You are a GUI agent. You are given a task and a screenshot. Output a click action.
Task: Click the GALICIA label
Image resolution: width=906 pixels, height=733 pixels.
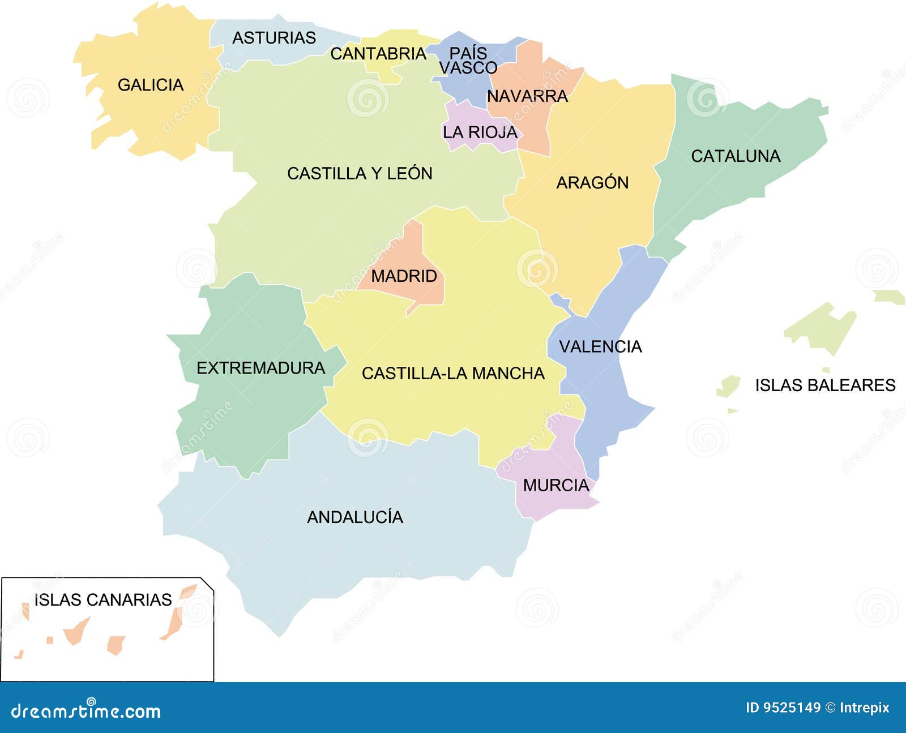click(151, 85)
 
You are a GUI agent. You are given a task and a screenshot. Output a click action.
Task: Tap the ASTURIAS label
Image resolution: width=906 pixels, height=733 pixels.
click(274, 38)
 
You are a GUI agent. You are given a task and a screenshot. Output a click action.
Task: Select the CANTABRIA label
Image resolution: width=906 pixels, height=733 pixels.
click(378, 54)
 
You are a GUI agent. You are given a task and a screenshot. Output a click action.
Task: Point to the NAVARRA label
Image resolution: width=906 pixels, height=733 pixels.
click(527, 96)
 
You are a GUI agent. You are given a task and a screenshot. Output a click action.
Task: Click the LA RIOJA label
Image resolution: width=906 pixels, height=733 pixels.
click(480, 132)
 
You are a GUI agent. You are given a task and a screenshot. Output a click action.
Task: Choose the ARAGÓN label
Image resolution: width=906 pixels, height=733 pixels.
click(592, 183)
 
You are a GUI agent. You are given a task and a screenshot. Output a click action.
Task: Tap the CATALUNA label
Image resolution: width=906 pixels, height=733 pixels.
click(736, 156)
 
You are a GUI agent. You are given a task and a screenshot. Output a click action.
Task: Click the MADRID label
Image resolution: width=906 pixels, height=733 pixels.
click(404, 276)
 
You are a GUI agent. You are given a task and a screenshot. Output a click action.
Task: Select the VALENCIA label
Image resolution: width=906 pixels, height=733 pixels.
click(600, 346)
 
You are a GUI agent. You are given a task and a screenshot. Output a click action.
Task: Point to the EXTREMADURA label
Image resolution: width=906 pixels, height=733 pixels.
click(260, 368)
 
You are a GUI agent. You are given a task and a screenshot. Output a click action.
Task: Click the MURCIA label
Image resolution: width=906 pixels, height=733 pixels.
click(556, 485)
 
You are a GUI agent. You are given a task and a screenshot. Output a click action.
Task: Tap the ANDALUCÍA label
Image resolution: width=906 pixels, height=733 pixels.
click(355, 517)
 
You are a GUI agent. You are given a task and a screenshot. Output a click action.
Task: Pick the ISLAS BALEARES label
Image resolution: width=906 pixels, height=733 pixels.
click(825, 385)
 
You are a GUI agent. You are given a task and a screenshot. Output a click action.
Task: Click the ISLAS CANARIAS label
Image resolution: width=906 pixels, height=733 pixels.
click(103, 600)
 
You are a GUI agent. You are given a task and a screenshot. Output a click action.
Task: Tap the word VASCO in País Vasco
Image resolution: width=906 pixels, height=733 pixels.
click(468, 68)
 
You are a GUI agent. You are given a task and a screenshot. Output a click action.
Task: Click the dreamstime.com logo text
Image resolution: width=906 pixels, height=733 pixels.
click(86, 710)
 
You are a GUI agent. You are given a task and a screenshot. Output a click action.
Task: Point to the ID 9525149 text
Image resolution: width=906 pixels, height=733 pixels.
click(783, 708)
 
